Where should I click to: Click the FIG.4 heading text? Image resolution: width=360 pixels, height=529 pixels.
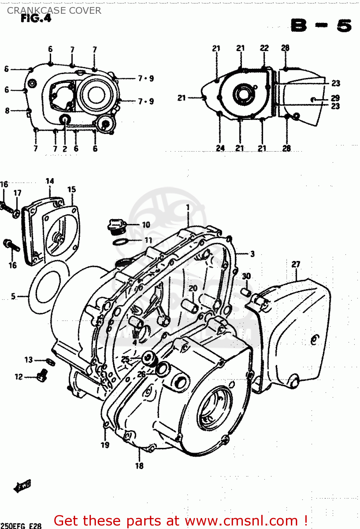tap(36, 18)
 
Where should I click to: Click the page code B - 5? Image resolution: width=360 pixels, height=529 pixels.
tap(321, 26)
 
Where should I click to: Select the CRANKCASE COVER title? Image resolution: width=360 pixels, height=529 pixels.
tap(54, 11)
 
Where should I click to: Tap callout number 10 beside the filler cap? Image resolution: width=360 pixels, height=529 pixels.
tap(146, 225)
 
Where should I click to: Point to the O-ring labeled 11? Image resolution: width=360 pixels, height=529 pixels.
tap(120, 242)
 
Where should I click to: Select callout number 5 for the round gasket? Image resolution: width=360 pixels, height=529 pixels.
tap(13, 296)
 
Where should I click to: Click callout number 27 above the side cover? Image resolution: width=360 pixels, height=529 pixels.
tap(296, 264)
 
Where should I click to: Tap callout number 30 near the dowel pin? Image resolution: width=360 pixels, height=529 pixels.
tap(246, 276)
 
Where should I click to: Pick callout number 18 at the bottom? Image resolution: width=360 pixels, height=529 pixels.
tap(139, 466)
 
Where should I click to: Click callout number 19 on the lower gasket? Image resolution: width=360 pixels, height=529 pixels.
tap(105, 445)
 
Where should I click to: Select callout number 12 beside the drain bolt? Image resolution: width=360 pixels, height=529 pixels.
tap(19, 377)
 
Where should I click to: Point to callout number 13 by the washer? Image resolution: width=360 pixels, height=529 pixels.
tap(29, 360)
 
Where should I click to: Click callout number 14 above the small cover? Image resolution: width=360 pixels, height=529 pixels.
tap(50, 181)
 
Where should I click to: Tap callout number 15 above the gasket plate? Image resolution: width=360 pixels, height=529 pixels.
tap(72, 189)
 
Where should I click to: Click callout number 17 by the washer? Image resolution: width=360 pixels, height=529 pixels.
tap(18, 193)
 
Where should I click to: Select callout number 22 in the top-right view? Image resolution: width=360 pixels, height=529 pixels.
tap(264, 48)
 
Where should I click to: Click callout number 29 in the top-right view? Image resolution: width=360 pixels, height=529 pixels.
tap(335, 98)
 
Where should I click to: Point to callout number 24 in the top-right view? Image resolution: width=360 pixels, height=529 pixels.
tap(220, 148)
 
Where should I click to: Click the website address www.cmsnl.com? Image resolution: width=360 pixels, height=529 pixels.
tap(242, 521)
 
